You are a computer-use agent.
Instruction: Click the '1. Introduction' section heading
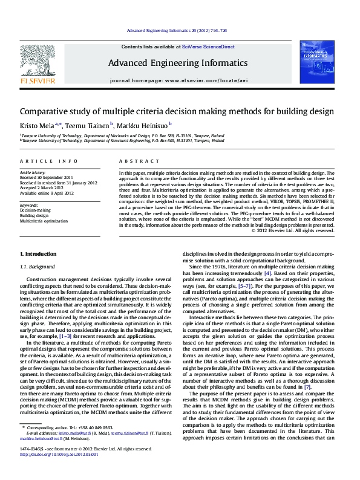(x=39, y=253)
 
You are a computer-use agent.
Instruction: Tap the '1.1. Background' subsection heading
(x=38, y=267)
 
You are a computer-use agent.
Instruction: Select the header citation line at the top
(x=177, y=30)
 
